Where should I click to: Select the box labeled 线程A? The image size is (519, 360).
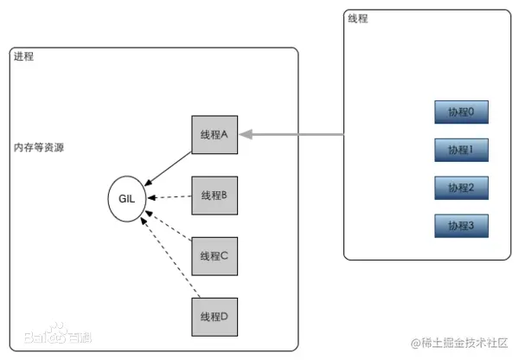click(213, 134)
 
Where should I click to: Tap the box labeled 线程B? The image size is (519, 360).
click(213, 195)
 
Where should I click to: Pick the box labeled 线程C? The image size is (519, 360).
click(213, 255)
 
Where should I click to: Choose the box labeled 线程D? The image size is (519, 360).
click(213, 316)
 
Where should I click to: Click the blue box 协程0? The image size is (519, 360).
click(461, 112)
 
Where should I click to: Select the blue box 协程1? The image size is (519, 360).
click(461, 150)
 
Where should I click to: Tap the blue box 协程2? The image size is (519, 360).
click(461, 187)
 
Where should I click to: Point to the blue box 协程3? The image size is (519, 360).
click(461, 225)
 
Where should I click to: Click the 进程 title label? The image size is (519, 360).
click(23, 57)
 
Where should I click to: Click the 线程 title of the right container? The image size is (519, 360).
click(356, 19)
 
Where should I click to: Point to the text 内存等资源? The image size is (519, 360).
click(38, 148)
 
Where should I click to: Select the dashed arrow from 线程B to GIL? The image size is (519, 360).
click(169, 197)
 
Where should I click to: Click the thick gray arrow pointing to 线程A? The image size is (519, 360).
click(294, 134)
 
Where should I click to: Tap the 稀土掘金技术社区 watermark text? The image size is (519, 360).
click(458, 343)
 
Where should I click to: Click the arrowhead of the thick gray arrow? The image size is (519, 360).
click(246, 134)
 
